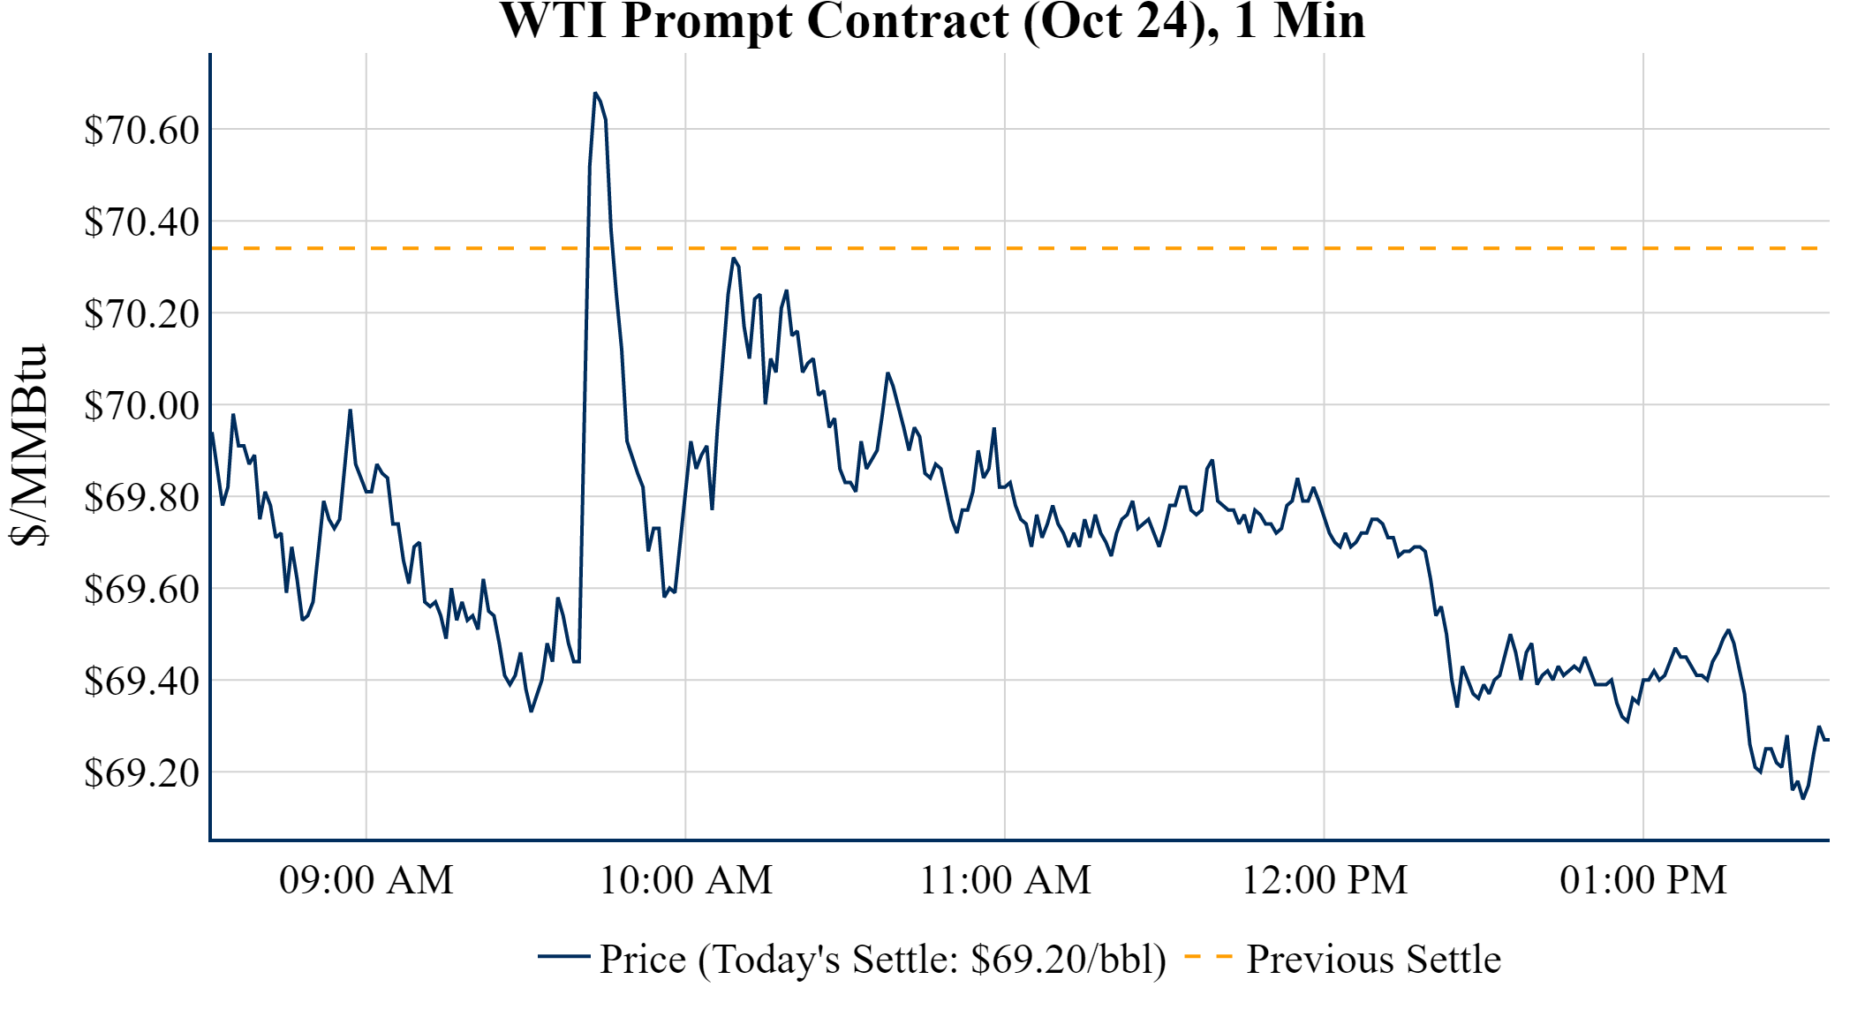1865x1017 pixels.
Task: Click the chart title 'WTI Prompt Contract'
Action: click(x=932, y=21)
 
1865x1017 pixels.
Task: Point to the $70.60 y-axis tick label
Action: click(x=142, y=131)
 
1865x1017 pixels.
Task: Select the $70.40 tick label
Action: click(x=142, y=222)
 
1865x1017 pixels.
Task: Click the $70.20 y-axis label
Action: click(x=142, y=314)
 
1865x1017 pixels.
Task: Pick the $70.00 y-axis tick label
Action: click(x=142, y=406)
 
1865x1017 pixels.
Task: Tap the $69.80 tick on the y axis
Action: click(x=142, y=498)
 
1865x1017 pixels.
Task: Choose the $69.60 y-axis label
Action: click(x=142, y=590)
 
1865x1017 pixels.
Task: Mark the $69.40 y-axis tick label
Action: click(x=142, y=682)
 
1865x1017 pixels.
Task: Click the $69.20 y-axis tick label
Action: click(x=142, y=773)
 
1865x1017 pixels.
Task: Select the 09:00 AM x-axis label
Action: click(x=366, y=880)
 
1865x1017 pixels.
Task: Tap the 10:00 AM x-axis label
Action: click(x=686, y=880)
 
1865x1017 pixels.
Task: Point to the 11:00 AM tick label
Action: click(x=1006, y=880)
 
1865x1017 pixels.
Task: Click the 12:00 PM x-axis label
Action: click(x=1325, y=880)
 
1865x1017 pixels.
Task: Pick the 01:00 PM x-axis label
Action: click(x=1643, y=880)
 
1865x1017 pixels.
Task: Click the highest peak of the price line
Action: click(x=595, y=93)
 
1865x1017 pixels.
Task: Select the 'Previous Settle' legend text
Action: click(x=1373, y=960)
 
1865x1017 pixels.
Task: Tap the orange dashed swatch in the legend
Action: click(x=1208, y=957)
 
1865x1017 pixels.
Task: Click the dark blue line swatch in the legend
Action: click(x=563, y=957)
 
